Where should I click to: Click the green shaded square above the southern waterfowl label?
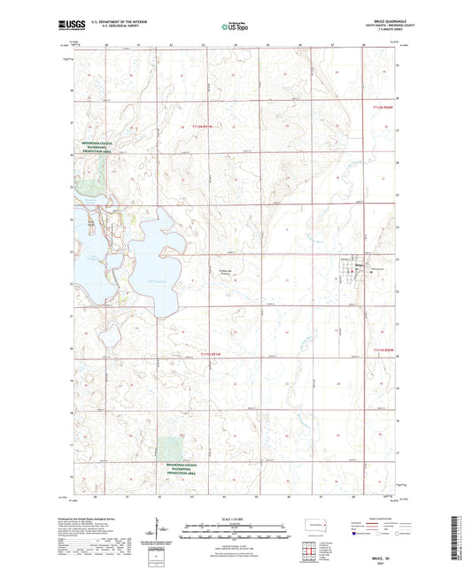pyautogui.click(x=173, y=449)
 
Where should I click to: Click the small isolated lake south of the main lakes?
pyautogui.click(x=112, y=333)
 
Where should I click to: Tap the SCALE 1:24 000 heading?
pyautogui.click(x=236, y=518)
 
